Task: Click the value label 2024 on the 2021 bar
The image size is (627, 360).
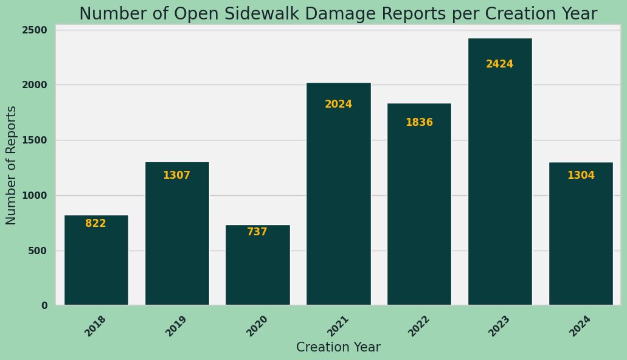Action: [x=338, y=105]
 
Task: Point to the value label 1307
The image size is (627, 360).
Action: [x=176, y=176]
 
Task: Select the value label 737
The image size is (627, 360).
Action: [x=257, y=232]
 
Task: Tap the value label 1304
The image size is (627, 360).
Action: [x=581, y=176]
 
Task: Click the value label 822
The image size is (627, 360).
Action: [x=95, y=224]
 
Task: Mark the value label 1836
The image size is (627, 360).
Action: [x=419, y=123]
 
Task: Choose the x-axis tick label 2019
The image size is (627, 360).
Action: [x=176, y=326]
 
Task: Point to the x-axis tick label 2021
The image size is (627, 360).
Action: [x=338, y=326]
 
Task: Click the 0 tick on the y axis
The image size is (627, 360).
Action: [x=44, y=306]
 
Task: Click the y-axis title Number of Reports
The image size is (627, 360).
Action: [x=12, y=165]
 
